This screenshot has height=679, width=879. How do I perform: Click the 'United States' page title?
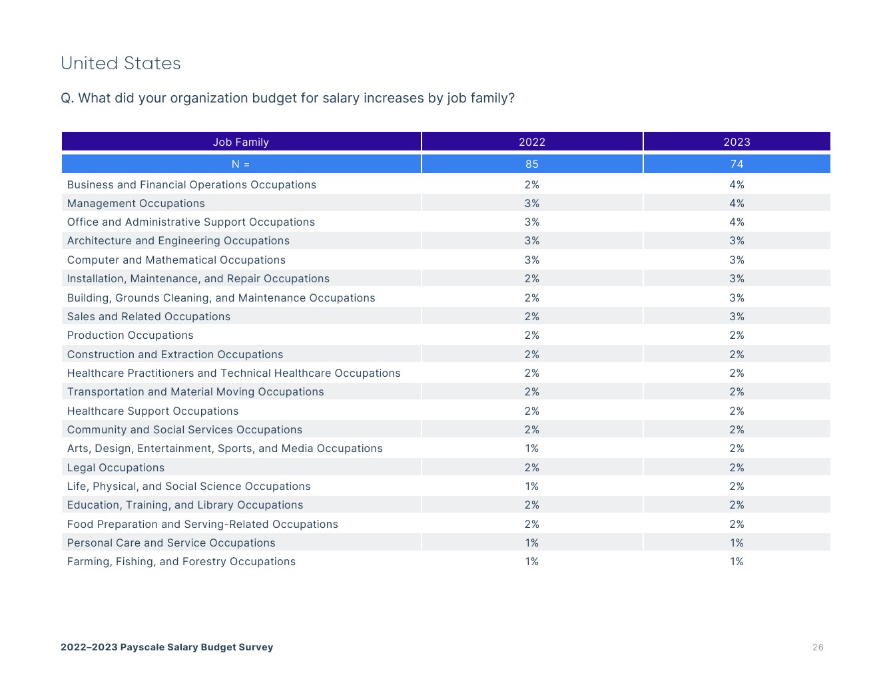(121, 63)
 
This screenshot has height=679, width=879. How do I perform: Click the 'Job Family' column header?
(240, 142)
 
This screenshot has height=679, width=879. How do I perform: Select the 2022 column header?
(531, 142)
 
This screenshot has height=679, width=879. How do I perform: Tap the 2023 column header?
(736, 142)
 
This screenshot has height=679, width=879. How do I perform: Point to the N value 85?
(531, 164)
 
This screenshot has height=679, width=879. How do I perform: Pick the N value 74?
(736, 164)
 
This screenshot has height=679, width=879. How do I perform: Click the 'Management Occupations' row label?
(136, 203)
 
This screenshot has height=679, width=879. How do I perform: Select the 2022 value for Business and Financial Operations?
(531, 184)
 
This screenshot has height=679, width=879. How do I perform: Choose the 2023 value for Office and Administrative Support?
(736, 222)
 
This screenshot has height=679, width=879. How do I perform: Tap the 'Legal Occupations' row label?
(116, 467)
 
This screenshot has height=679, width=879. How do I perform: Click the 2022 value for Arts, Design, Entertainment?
(531, 448)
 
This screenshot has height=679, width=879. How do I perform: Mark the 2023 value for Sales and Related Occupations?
(736, 316)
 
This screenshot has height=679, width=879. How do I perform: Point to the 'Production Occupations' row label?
(130, 335)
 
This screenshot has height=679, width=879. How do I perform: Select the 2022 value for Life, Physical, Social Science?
(531, 486)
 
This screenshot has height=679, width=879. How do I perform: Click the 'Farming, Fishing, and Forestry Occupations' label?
(181, 561)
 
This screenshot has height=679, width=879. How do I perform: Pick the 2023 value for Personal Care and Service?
(736, 543)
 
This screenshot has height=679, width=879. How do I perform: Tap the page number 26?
(818, 647)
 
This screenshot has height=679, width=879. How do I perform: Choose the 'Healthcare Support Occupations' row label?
(152, 411)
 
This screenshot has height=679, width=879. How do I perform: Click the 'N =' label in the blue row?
(240, 164)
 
